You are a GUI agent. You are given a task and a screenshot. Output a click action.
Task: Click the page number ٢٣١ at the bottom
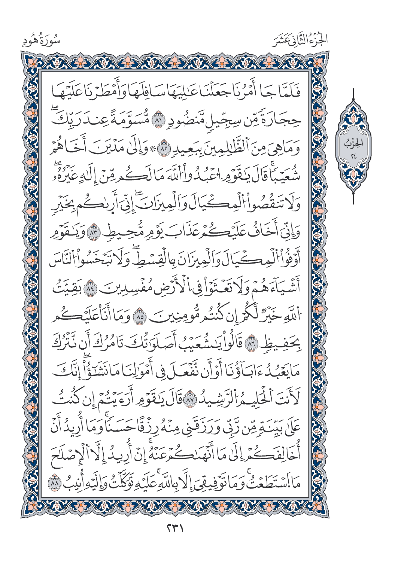[175, 530]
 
